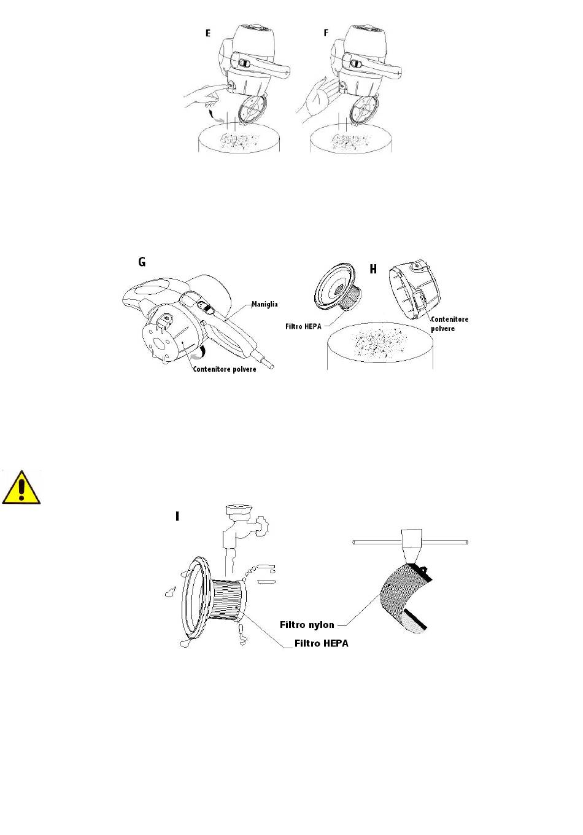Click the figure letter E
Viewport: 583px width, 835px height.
point(208,33)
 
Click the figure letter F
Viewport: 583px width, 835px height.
point(326,33)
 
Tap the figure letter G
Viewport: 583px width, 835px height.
point(142,262)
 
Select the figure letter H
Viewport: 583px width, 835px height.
point(373,269)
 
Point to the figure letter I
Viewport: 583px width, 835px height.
point(177,516)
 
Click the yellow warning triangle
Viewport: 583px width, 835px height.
point(21,488)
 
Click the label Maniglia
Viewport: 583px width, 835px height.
point(264,304)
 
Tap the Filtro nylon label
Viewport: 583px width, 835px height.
point(307,624)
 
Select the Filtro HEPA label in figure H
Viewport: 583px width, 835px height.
point(303,326)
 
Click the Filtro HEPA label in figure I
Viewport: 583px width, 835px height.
point(322,643)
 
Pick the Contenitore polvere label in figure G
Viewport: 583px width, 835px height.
point(225,369)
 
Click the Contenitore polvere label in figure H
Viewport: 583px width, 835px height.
point(449,324)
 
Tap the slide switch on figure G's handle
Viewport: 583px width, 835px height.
point(205,308)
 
